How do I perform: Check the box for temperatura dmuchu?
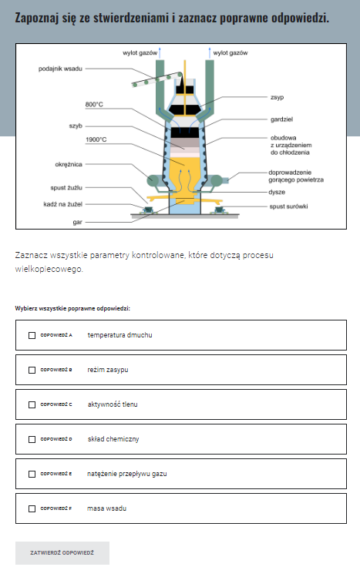[x=32, y=335]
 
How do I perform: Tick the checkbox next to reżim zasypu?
[x=32, y=370]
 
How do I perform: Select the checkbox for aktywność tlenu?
[x=32, y=404]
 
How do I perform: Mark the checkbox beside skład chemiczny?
[x=32, y=439]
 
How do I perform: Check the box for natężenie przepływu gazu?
[x=32, y=474]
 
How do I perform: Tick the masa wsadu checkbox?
[x=32, y=508]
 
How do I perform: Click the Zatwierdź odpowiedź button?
[x=62, y=553]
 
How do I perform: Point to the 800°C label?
[x=94, y=105]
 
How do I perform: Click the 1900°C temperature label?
[x=96, y=139]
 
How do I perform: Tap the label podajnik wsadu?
[x=60, y=69]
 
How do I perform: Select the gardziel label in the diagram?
[x=281, y=119]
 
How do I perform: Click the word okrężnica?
[x=69, y=165]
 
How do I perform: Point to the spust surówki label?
[x=288, y=206]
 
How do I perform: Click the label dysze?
[x=277, y=193]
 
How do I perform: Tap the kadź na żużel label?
[x=63, y=204]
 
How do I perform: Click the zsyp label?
[x=278, y=97]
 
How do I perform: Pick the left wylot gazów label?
[x=140, y=53]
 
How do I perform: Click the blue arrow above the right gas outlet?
[x=209, y=52]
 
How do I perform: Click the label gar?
[x=77, y=223]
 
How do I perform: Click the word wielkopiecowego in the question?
[x=49, y=270]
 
